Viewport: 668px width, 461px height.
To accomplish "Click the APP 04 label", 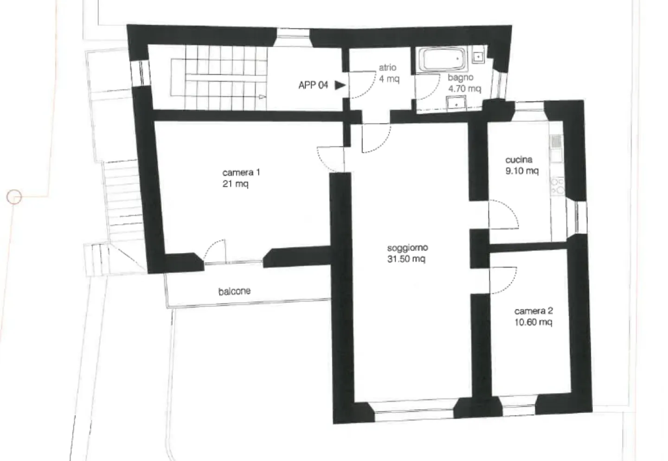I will pos(313,85).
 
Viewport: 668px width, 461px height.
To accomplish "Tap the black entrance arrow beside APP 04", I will pos(340,85).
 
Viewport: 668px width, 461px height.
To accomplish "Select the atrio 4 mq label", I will pos(389,73).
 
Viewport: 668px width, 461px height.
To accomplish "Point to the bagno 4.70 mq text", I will pos(464,83).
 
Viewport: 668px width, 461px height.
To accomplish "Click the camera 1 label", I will pos(241,173).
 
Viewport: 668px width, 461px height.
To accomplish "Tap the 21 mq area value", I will pos(235,184).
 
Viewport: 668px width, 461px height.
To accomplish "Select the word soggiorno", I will pos(407,248).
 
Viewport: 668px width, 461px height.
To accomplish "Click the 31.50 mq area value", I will pos(406,259).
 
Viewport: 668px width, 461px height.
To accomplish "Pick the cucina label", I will pos(519,160).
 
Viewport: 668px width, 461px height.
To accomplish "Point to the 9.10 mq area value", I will pos(522,171).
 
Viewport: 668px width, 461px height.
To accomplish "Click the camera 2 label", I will pos(533,311).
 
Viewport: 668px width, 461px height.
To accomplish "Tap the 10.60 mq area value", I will pos(533,322).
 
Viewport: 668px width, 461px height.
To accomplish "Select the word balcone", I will pos(234,291).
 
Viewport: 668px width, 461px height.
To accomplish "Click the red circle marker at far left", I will pos(14,197).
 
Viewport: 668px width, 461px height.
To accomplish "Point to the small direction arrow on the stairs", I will pos(262,97).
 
